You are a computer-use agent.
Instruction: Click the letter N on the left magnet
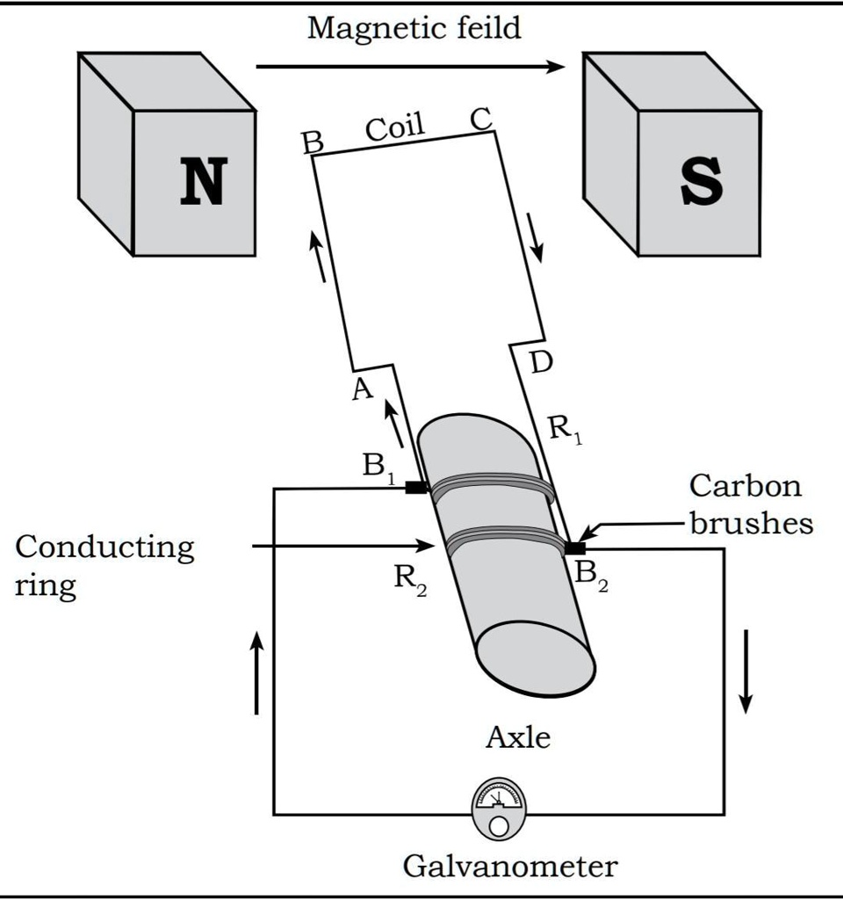coord(202,182)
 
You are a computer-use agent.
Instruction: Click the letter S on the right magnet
coord(702,182)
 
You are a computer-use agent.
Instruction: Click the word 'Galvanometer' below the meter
coord(509,867)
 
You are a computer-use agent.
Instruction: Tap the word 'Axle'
coord(518,737)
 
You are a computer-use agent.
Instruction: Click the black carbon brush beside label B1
coord(416,487)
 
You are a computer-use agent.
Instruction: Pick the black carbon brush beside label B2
coord(574,548)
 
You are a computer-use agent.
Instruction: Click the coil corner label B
coord(313,143)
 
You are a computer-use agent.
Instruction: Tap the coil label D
coord(542,361)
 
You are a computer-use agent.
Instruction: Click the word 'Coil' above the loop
coord(394,129)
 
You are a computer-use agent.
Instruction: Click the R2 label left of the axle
coord(409,580)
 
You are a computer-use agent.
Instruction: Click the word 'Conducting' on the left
coord(104,547)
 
